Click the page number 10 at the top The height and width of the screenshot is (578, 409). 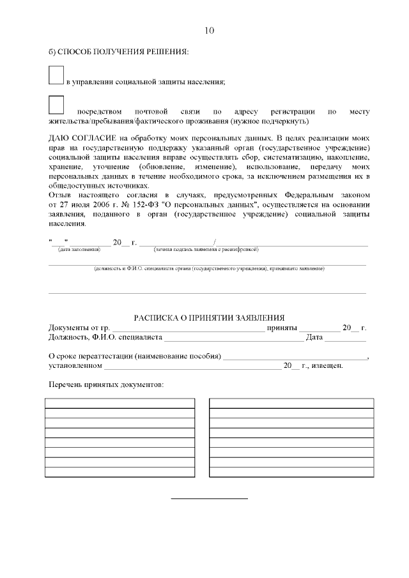tap(210, 31)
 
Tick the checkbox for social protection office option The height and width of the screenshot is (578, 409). tap(56, 75)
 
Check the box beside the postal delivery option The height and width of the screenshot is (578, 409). tap(56, 105)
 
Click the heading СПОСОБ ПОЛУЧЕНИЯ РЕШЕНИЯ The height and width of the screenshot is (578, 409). tap(119, 51)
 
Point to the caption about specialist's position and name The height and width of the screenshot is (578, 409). tap(208, 270)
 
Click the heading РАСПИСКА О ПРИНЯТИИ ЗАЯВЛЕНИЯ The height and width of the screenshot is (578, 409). tap(209, 318)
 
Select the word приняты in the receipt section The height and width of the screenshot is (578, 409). tap(282, 328)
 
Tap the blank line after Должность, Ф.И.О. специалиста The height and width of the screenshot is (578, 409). tap(235, 338)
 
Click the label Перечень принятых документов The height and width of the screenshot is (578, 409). tap(106, 385)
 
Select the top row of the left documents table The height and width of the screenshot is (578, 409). tap(119, 403)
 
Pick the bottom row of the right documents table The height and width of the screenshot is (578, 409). tap(291, 473)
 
